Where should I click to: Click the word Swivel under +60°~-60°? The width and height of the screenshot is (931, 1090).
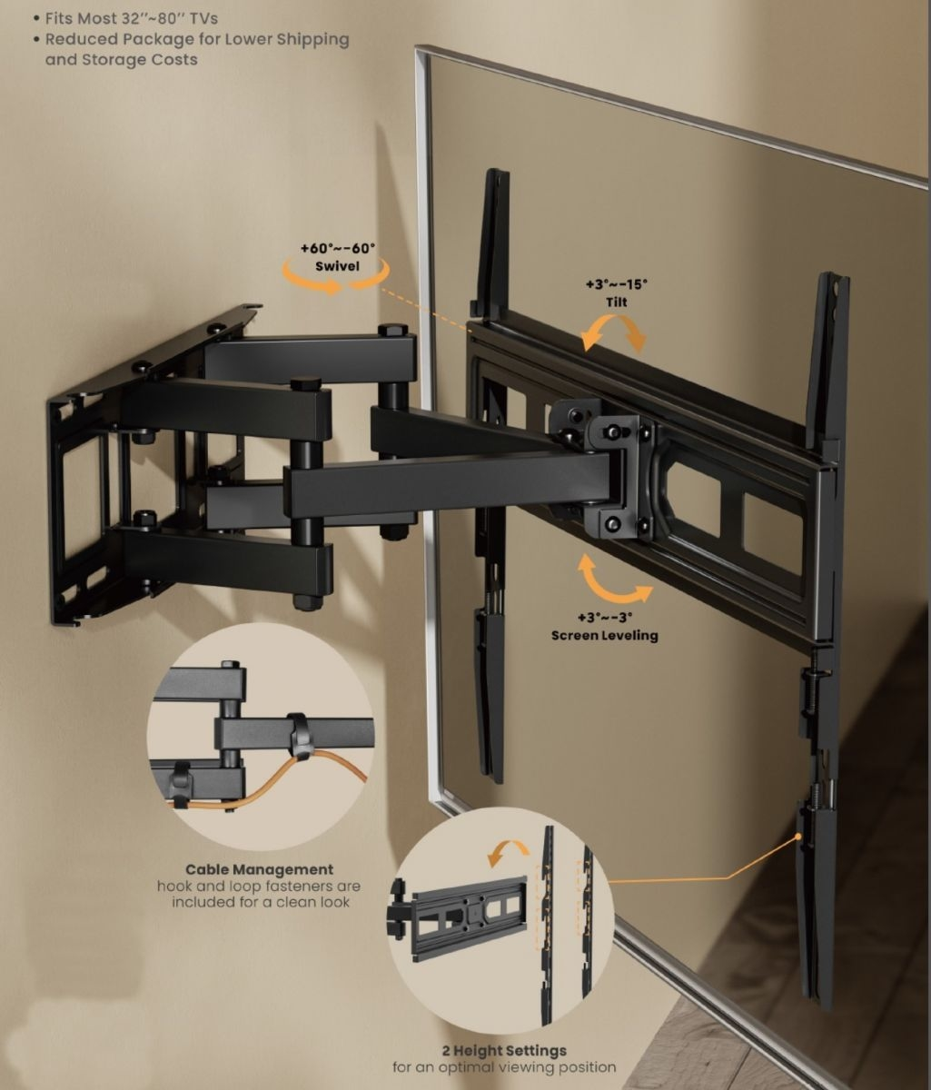point(337,266)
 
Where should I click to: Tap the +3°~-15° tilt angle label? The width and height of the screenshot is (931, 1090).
point(616,284)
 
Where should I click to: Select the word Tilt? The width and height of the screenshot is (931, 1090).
point(616,302)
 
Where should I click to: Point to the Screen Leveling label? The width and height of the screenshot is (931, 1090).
point(605,636)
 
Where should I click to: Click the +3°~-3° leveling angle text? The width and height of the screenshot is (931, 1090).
point(605,617)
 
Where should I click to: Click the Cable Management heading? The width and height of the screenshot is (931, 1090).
point(260,869)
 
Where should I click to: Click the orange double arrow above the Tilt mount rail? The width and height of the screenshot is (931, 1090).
point(614,332)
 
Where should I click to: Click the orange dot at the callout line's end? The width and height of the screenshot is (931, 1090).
point(798,836)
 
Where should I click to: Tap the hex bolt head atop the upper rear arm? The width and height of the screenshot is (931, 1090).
point(392,331)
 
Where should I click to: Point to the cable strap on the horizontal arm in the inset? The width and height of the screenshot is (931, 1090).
point(299,736)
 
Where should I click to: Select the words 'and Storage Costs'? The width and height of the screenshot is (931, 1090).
point(121,60)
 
